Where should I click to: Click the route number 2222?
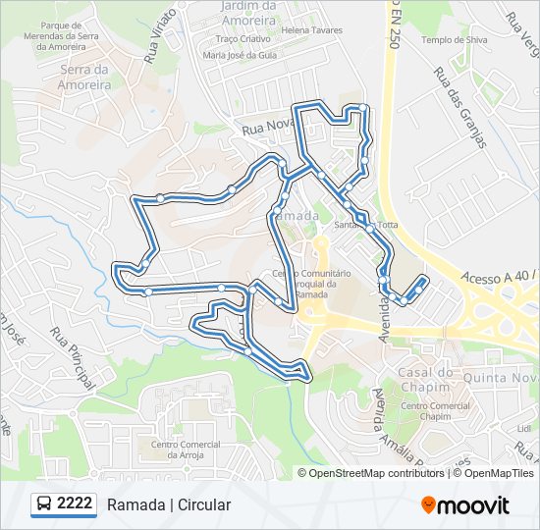point(75,504)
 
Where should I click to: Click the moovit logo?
point(465,505)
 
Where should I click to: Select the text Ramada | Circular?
point(169,505)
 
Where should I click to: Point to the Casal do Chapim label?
point(425,378)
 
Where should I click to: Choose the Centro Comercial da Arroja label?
point(185,450)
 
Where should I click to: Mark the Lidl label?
point(521,429)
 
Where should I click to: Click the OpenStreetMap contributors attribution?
point(377,473)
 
